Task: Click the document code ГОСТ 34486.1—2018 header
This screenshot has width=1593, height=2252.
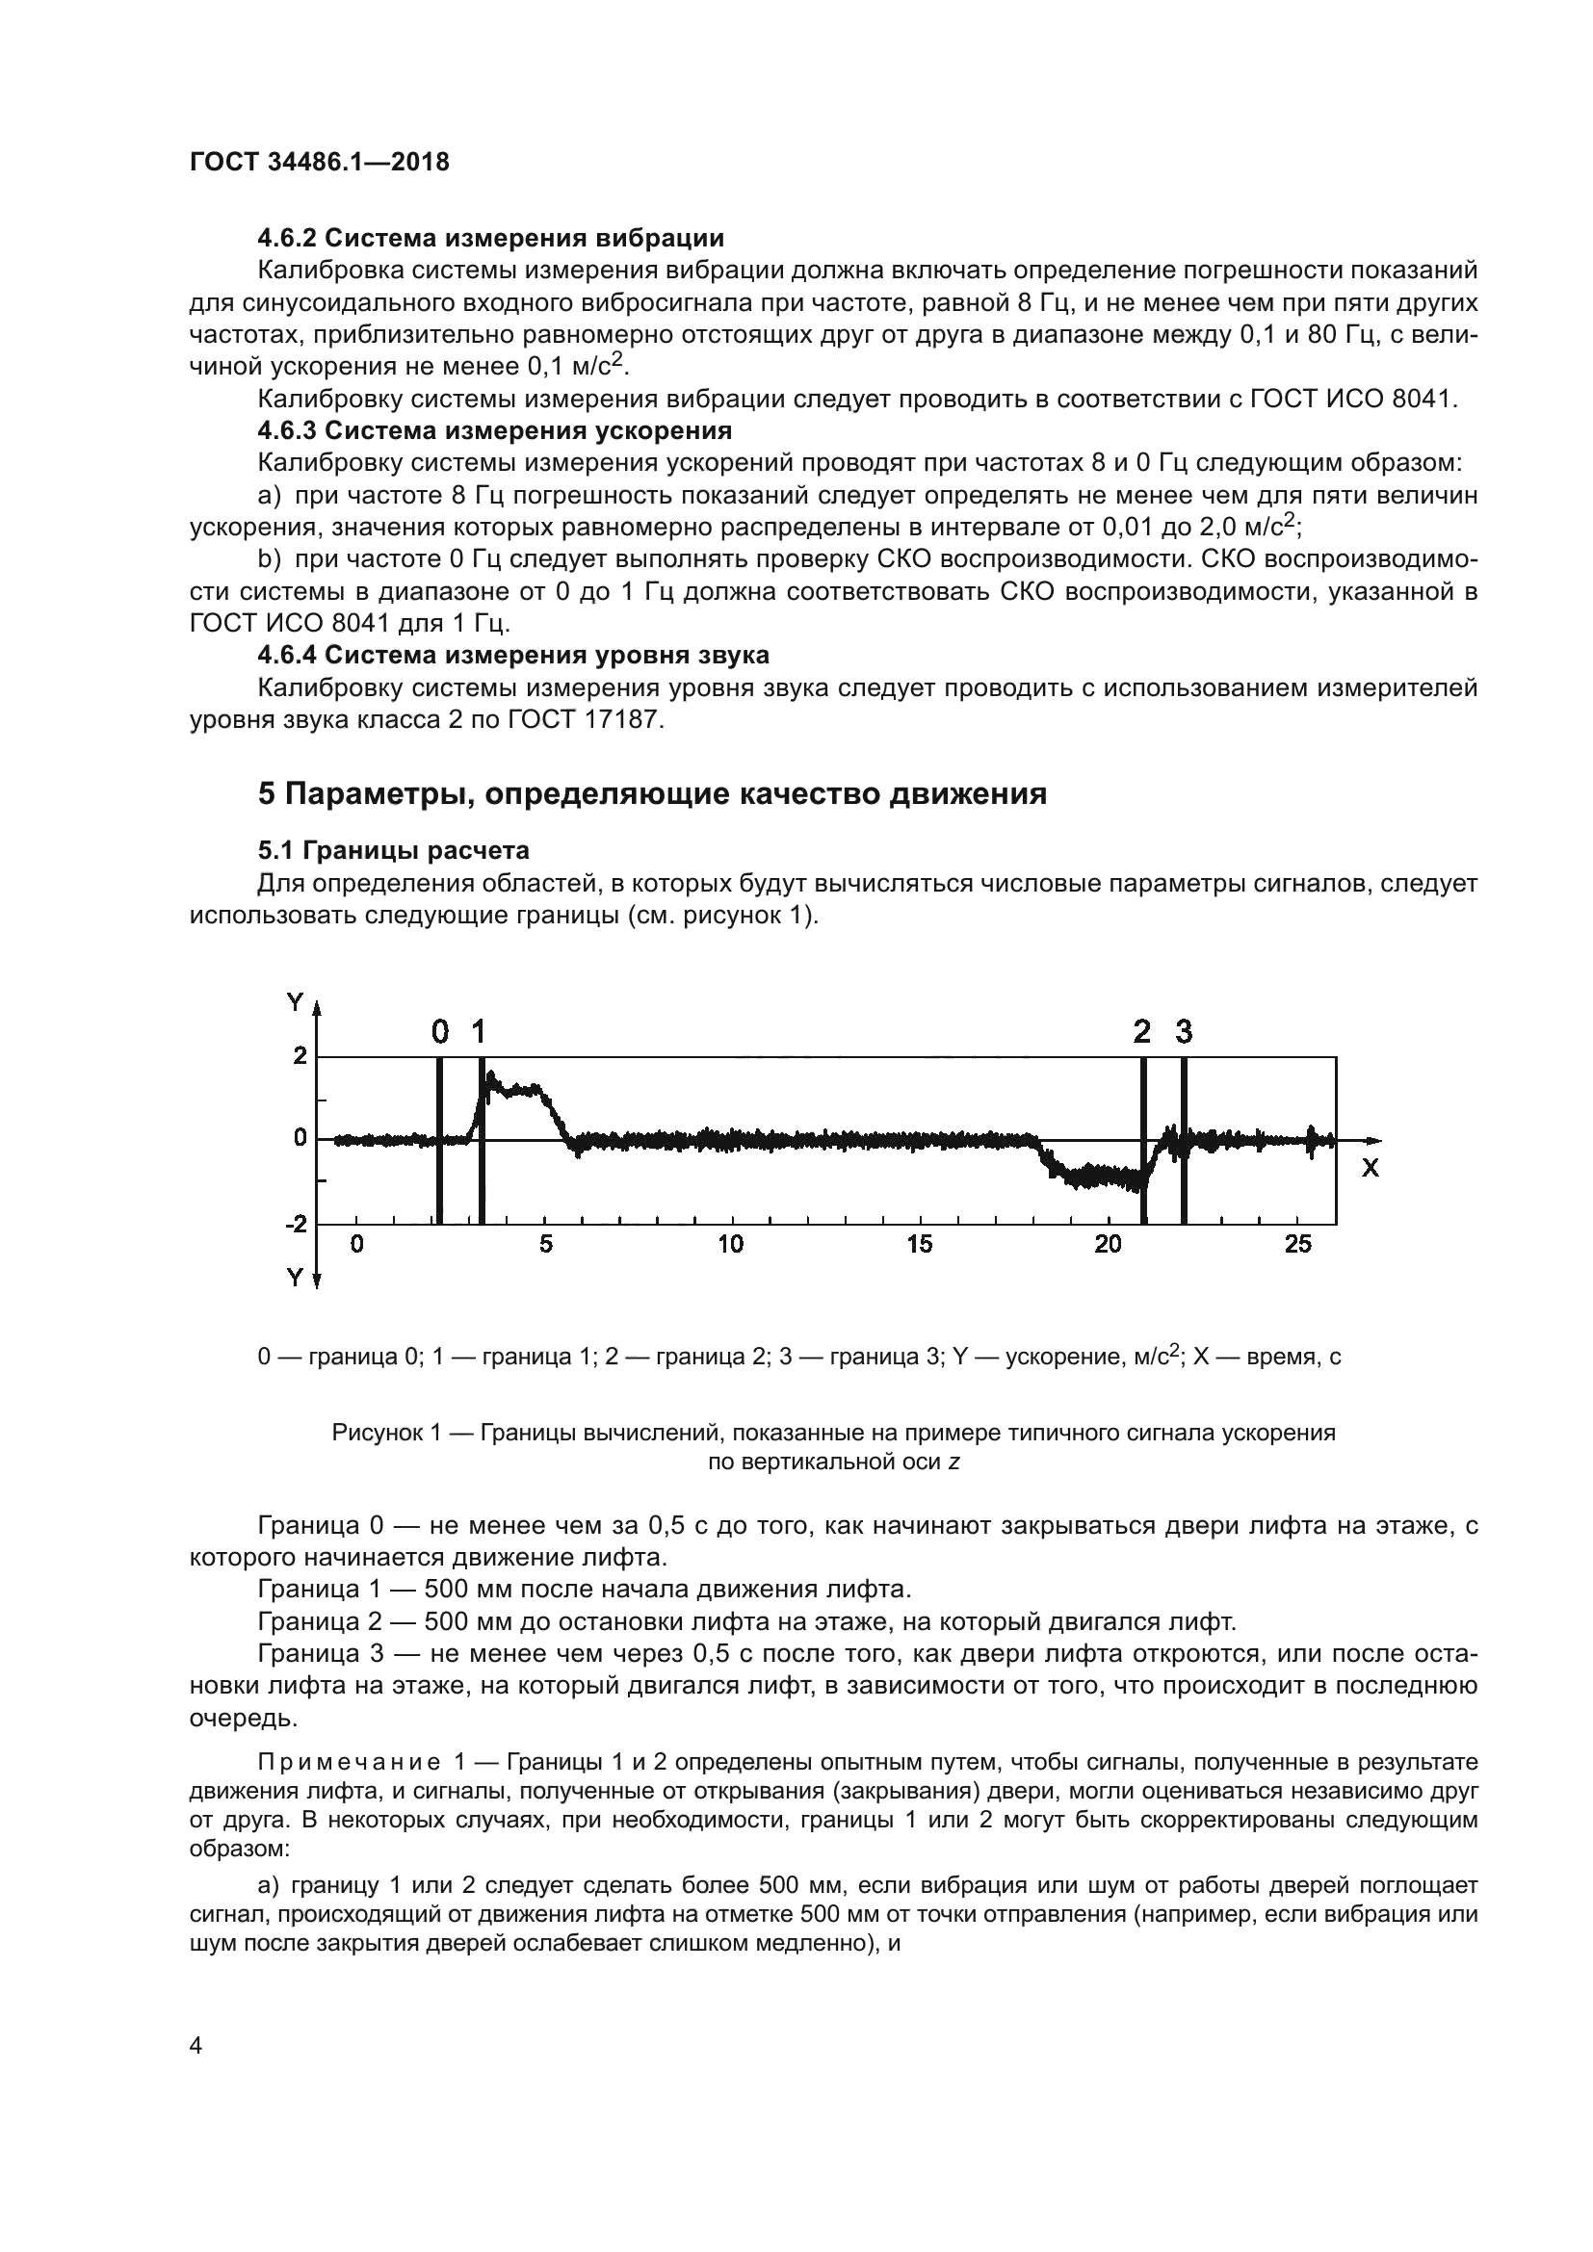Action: point(319,162)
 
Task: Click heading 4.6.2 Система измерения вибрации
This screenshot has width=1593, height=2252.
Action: point(490,239)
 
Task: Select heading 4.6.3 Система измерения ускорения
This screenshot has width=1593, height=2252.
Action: point(494,430)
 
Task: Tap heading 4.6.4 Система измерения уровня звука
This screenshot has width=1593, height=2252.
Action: point(513,656)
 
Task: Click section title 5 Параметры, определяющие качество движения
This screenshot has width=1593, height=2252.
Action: point(652,793)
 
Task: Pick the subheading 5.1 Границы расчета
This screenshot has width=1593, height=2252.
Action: point(393,849)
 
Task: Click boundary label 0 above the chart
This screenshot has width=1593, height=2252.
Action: point(440,1032)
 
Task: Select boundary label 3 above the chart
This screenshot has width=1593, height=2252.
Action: point(1184,1032)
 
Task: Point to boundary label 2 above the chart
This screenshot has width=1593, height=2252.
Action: point(1142,1032)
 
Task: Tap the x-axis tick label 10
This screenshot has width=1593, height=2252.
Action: point(730,1245)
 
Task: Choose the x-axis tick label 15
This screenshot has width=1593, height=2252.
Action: point(919,1245)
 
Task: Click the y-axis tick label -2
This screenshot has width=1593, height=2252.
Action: point(295,1224)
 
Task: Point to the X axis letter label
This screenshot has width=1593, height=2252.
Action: point(1371,1168)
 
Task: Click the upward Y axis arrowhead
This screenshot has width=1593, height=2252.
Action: point(317,1007)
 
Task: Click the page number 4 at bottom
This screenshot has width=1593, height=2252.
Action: point(196,2046)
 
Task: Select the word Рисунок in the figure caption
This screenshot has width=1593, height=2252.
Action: point(372,1433)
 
